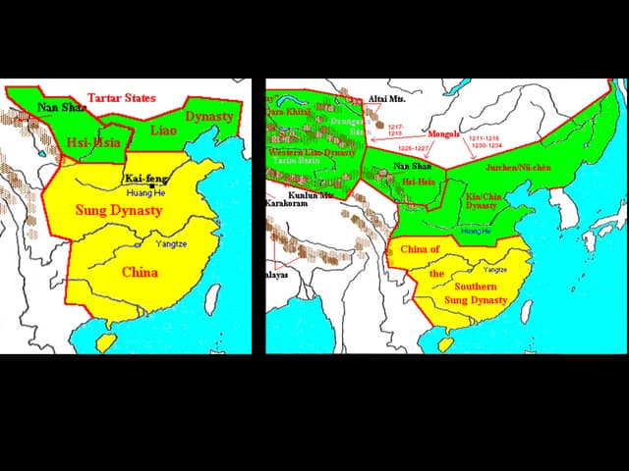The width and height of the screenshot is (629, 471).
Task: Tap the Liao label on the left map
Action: tap(164, 130)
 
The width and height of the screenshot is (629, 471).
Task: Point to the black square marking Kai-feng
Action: tap(151, 185)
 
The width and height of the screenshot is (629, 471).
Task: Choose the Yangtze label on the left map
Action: tap(171, 242)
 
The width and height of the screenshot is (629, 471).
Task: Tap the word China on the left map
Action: tap(140, 272)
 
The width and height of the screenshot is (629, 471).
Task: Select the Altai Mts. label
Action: tap(385, 100)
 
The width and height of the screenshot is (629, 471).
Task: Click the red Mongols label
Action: tap(444, 134)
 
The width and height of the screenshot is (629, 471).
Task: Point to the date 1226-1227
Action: tap(413, 148)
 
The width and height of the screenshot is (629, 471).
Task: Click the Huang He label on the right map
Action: tap(476, 231)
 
